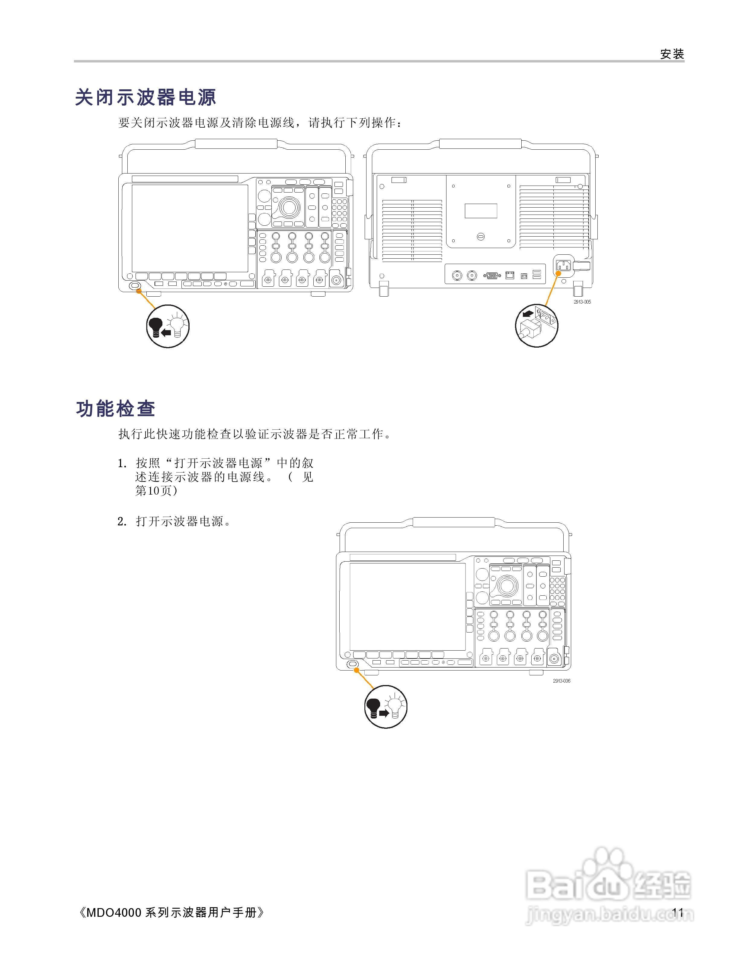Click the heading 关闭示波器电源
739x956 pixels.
[146, 97]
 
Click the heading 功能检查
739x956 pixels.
[116, 409]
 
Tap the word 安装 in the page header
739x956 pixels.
[672, 54]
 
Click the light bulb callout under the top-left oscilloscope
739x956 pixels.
[168, 326]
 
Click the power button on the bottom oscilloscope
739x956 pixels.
[352, 665]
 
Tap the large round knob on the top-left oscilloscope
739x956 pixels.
[288, 207]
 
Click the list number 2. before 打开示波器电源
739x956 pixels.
[122, 522]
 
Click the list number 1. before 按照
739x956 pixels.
[122, 464]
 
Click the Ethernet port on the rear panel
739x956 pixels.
[510, 275]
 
